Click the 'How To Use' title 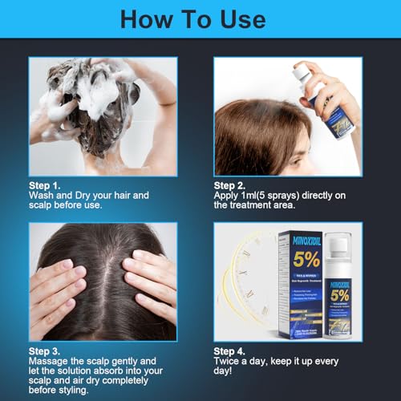click(200, 18)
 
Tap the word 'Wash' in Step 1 click(42, 195)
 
